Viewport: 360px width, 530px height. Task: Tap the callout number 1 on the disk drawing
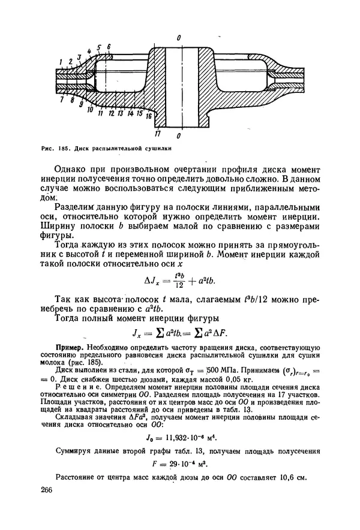(61, 62)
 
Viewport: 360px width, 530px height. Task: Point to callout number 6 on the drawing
(109, 47)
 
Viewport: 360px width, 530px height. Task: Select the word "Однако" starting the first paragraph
(70, 167)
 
